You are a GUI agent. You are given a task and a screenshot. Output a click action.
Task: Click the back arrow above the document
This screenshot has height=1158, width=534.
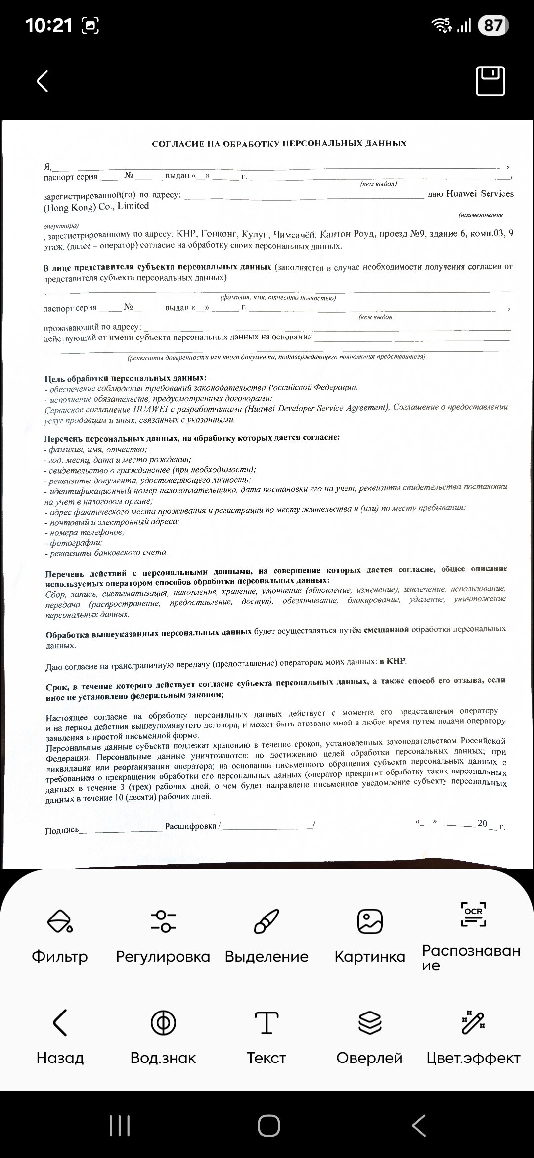(x=43, y=81)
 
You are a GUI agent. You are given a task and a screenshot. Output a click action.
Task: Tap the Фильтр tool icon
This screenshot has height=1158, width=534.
(x=59, y=921)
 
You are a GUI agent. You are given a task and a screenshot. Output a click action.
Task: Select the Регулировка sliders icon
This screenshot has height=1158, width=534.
(x=163, y=921)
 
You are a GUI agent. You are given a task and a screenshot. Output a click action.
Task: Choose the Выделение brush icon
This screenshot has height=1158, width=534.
(x=267, y=921)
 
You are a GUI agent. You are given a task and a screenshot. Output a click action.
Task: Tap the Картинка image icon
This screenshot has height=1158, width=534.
(x=370, y=921)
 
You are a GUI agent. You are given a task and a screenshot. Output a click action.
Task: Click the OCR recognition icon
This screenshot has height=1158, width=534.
(x=473, y=915)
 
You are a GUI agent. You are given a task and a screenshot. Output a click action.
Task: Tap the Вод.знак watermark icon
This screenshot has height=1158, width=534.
(x=163, y=1023)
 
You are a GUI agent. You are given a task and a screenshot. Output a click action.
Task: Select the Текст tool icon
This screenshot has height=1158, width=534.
(x=267, y=1023)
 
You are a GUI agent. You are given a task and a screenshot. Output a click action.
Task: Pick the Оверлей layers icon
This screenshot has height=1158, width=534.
(x=370, y=1023)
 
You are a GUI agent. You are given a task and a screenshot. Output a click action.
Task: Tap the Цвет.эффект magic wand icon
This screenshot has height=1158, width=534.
(x=473, y=1023)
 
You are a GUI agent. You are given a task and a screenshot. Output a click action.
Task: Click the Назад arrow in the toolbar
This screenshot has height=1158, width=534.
(x=59, y=1023)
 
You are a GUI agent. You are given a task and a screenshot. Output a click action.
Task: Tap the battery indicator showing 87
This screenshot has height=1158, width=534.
(x=493, y=25)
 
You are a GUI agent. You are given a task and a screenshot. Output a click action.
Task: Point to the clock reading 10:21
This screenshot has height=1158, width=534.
(x=48, y=25)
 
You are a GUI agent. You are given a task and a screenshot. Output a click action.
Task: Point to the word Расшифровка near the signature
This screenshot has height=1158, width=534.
(x=191, y=826)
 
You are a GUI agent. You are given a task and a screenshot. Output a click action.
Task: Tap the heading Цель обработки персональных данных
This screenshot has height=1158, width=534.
(x=126, y=379)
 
